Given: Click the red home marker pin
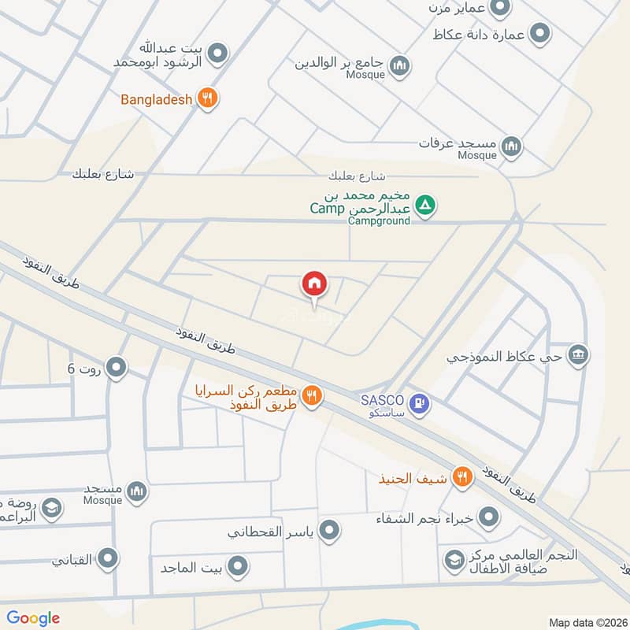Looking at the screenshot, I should pyautogui.click(x=315, y=284).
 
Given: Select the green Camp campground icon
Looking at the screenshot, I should pyautogui.click(x=425, y=206).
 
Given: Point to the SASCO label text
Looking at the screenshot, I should pyautogui.click(x=382, y=398).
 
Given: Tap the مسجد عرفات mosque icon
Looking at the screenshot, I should pyautogui.click(x=512, y=146).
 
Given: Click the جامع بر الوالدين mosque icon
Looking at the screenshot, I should pyautogui.click(x=399, y=65).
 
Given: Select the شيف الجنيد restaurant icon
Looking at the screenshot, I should pyautogui.click(x=462, y=476).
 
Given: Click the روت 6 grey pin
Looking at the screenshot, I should pyautogui.click(x=117, y=367).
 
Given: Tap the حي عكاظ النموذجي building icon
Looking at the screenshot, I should pyautogui.click(x=579, y=355).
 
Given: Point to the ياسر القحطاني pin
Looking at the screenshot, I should pyautogui.click(x=330, y=530).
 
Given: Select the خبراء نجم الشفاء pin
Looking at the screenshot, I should pyautogui.click(x=490, y=517).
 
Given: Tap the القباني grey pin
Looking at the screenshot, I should pyautogui.click(x=108, y=559).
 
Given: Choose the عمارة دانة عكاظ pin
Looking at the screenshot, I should pyautogui.click(x=539, y=34).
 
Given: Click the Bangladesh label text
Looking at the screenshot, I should pyautogui.click(x=156, y=100).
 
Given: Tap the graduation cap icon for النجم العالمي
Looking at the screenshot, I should pyautogui.click(x=454, y=560).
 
